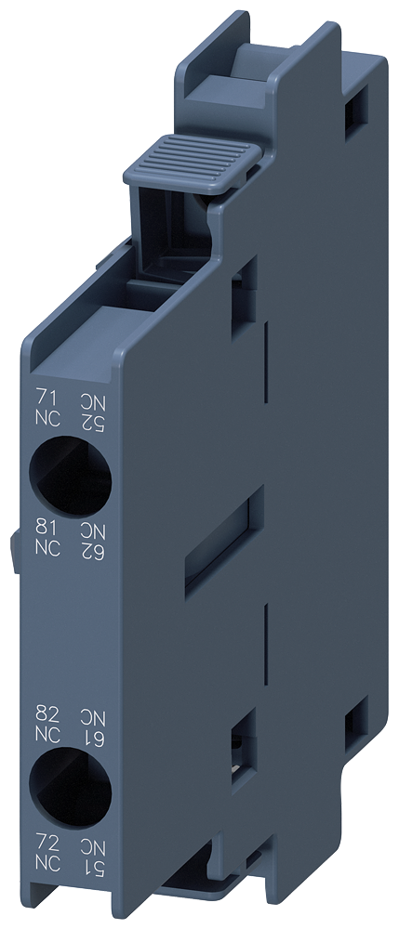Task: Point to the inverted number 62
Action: (x=93, y=548)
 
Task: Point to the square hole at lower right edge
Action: (x=353, y=716)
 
